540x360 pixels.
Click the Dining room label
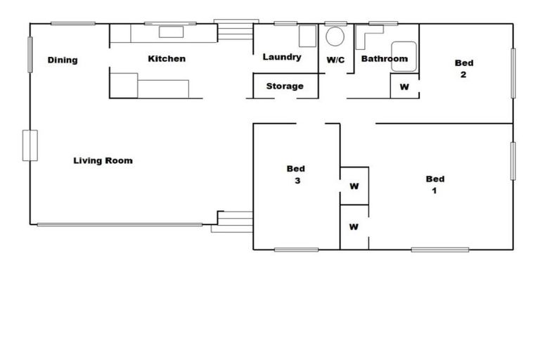click(x=63, y=60)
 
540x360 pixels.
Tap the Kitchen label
click(x=167, y=59)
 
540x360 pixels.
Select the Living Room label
click(x=103, y=161)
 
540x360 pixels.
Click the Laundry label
click(x=282, y=58)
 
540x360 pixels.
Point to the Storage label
click(x=285, y=86)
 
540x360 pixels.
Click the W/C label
click(x=335, y=60)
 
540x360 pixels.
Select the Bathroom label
click(x=384, y=59)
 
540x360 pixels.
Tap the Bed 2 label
click(x=464, y=69)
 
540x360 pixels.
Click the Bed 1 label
click(x=435, y=185)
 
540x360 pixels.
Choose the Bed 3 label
click(x=296, y=174)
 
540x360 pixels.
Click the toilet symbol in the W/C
click(x=336, y=37)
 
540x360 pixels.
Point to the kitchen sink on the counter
click(x=170, y=32)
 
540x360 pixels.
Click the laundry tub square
click(x=308, y=36)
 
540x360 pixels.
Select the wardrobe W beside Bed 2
click(x=404, y=87)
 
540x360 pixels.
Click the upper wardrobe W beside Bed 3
click(x=354, y=186)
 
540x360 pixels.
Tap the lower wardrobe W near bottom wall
click(x=354, y=227)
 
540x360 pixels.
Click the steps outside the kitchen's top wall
click(x=236, y=32)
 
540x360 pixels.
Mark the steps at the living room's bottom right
click(x=234, y=221)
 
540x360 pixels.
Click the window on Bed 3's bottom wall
click(x=296, y=250)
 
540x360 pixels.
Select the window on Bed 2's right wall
click(x=513, y=73)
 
